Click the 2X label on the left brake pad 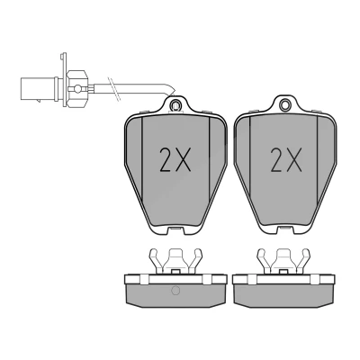click(175, 160)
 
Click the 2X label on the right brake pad click(286, 160)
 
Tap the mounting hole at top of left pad click(175, 105)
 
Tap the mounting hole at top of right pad click(285, 104)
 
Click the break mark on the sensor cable click(114, 88)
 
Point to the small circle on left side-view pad click(175, 290)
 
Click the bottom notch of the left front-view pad click(175, 231)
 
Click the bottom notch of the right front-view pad click(284, 231)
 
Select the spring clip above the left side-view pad click(175, 260)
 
